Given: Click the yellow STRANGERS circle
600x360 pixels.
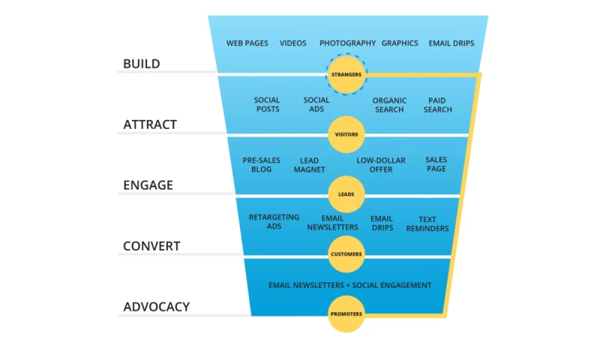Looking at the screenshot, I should (x=346, y=74).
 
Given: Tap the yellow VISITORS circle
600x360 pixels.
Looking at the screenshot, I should (x=346, y=135).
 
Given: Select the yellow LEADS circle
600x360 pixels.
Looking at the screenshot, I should (x=346, y=194).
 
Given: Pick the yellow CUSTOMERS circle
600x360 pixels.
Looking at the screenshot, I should (x=346, y=254).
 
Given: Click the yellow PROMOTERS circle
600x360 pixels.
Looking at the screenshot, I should (x=346, y=314).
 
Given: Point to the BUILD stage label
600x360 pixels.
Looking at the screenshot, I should (x=142, y=64).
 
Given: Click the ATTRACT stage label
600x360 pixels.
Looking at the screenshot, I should (x=150, y=124).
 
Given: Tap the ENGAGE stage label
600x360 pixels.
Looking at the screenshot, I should (x=148, y=185).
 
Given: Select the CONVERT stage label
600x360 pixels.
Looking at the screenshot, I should (x=151, y=246).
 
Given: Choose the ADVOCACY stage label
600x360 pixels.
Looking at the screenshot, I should (x=156, y=307).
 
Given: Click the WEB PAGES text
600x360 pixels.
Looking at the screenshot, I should (x=247, y=43).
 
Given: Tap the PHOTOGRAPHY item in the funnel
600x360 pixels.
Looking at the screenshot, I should (x=347, y=43).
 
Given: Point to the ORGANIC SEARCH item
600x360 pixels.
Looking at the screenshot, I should (x=389, y=105).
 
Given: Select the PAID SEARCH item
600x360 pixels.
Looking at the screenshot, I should (x=437, y=105).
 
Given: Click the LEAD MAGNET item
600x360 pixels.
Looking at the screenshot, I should (x=309, y=165).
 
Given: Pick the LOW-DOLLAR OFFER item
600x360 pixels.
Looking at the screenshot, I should (x=381, y=165).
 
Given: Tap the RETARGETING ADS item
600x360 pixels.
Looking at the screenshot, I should (x=274, y=221).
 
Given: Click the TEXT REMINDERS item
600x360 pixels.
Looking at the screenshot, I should (x=427, y=224).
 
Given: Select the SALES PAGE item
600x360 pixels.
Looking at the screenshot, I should (x=436, y=164).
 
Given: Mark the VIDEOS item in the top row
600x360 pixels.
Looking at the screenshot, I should (x=293, y=43).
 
